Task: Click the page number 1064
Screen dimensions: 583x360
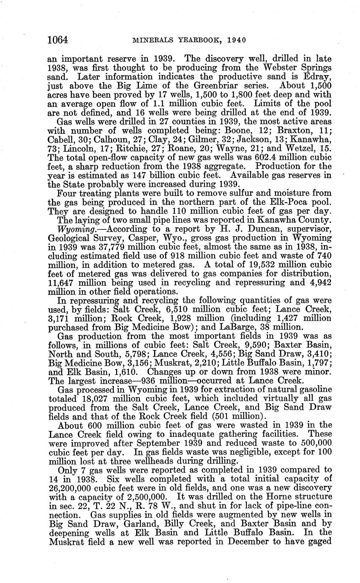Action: pyautogui.click(x=58, y=40)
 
